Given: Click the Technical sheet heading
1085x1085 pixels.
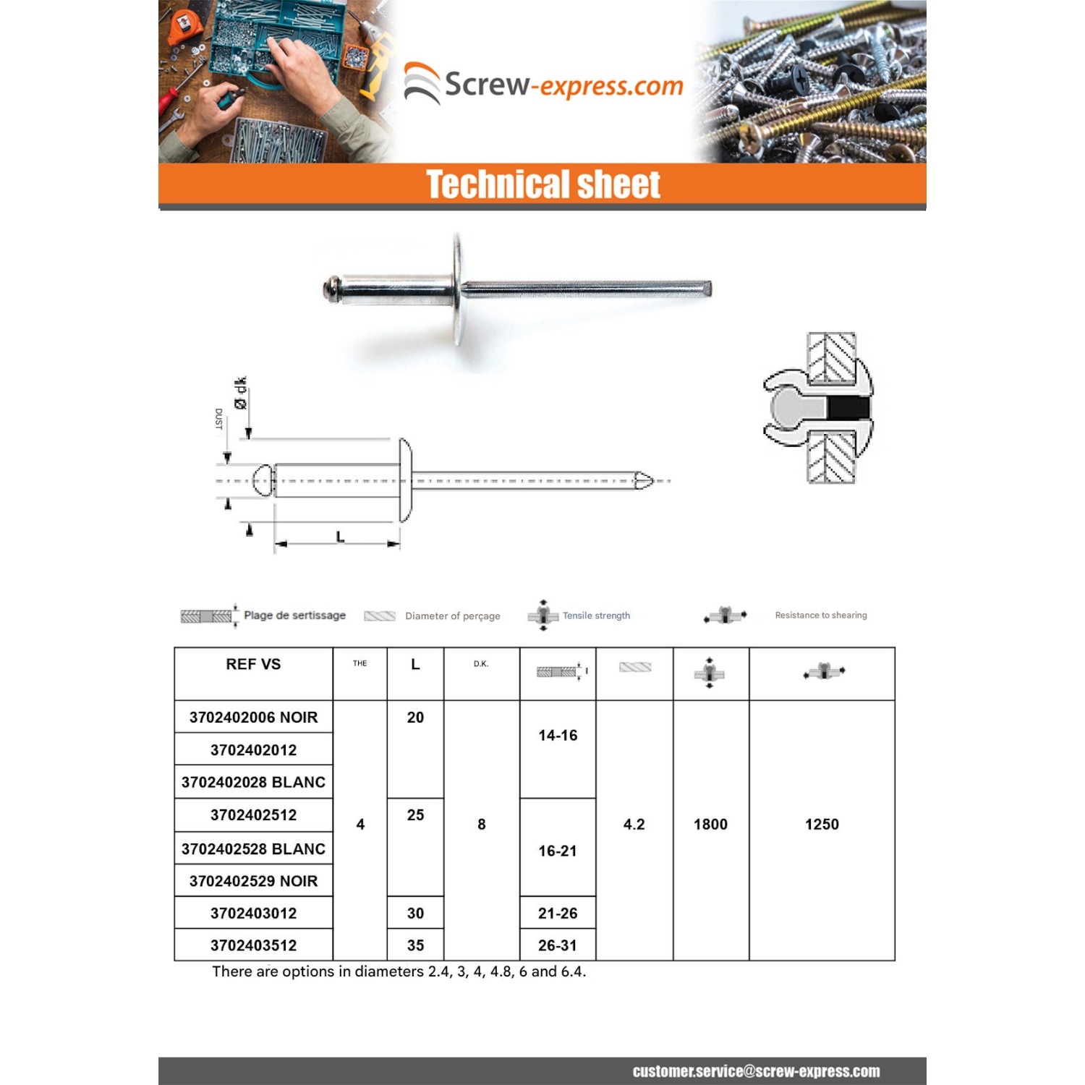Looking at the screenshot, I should click(542, 184).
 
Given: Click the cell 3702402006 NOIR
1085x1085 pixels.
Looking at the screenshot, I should click(253, 717).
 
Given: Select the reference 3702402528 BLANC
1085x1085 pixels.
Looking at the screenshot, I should click(253, 848).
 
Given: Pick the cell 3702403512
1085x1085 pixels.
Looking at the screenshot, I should click(253, 945).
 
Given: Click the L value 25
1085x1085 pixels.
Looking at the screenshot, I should click(415, 815).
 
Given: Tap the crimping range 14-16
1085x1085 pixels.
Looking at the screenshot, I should click(558, 736).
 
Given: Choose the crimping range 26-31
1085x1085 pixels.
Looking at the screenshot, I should click(558, 945).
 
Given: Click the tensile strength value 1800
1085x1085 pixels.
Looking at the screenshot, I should click(710, 825).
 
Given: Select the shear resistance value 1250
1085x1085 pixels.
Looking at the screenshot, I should click(822, 825).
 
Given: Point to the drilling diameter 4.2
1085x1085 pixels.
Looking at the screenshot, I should click(634, 825).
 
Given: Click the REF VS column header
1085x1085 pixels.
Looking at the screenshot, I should click(253, 664).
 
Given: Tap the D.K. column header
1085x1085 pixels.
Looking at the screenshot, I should click(481, 664).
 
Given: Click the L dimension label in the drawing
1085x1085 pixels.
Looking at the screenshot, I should click(340, 537).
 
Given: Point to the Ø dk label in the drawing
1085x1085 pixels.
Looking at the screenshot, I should click(240, 393).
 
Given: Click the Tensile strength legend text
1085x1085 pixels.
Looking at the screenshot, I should click(596, 616).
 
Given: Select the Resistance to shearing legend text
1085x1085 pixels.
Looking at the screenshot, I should click(821, 616).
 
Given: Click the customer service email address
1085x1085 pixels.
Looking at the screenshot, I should click(756, 1071).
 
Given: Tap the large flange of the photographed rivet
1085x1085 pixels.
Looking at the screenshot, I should click(457, 289).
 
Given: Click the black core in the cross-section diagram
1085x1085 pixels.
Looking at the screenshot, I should click(847, 409).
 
